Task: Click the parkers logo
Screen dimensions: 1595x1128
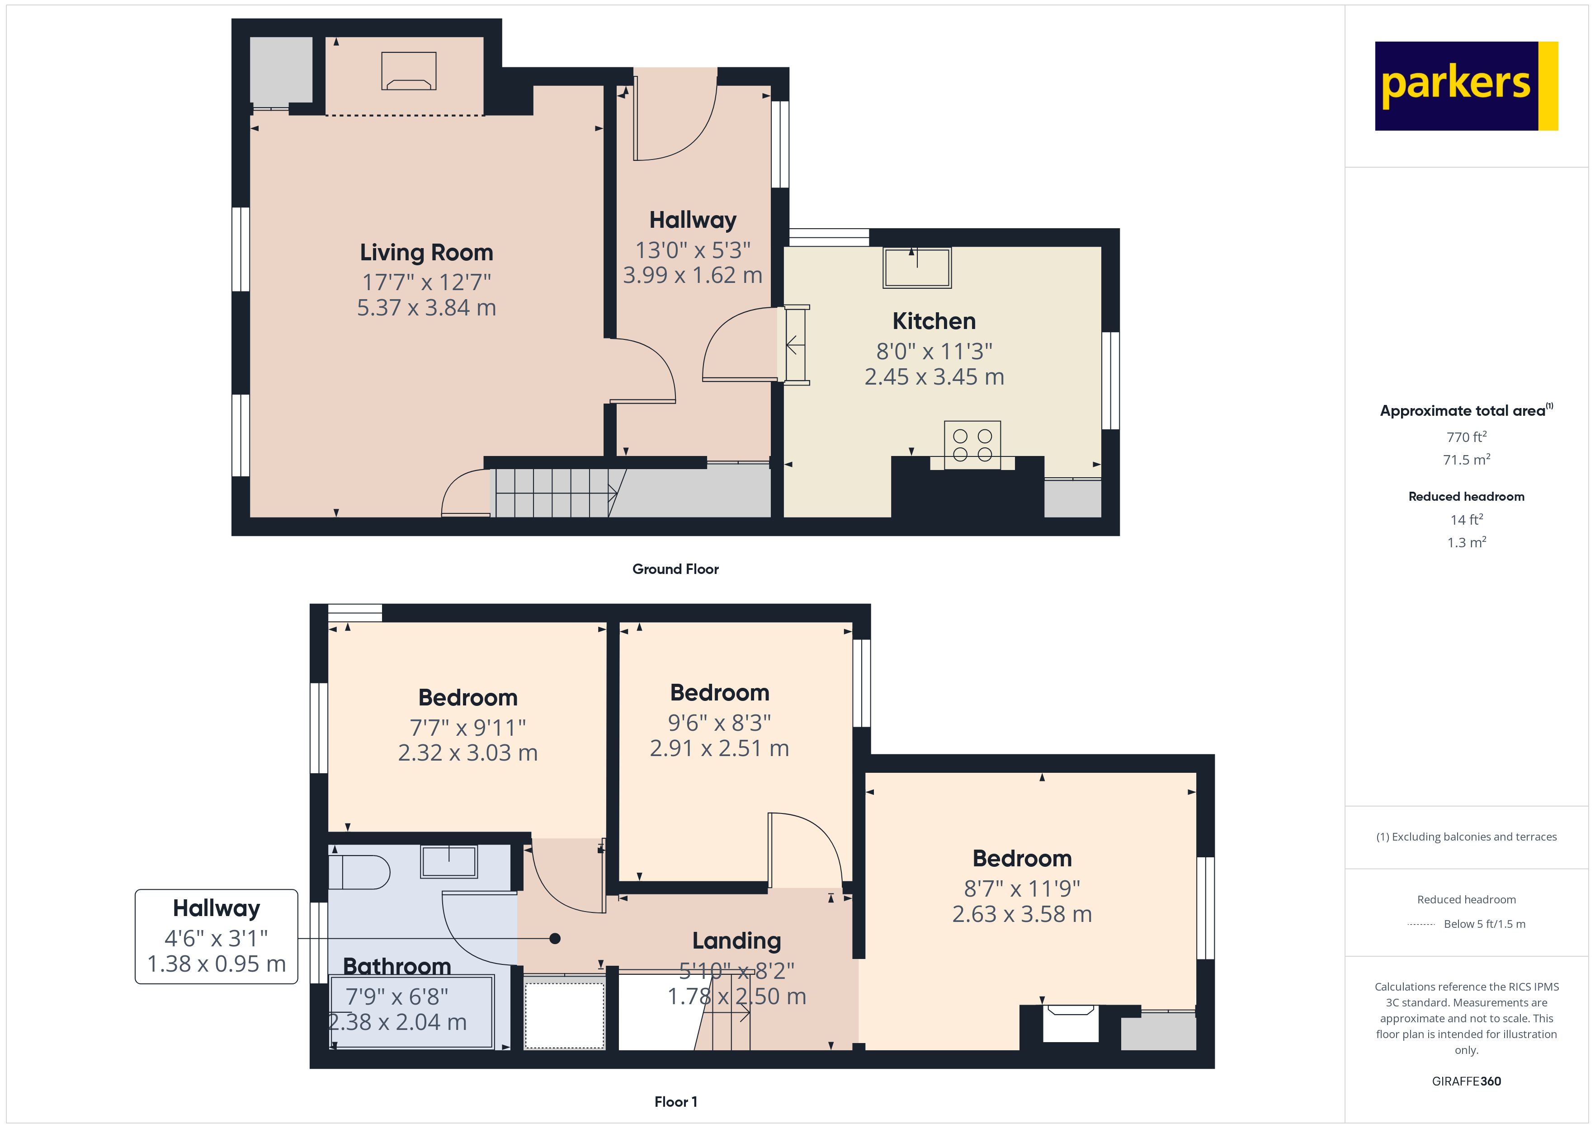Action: (x=1467, y=86)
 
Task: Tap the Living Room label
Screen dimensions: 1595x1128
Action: (x=426, y=252)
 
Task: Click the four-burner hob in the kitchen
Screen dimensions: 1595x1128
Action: (x=972, y=445)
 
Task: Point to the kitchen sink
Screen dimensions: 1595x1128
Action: (x=917, y=268)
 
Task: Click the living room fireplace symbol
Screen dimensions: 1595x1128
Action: (x=409, y=71)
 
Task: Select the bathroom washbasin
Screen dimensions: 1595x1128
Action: (x=449, y=861)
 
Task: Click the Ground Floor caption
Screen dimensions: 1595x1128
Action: (x=675, y=569)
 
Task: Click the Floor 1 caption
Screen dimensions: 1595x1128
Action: (x=675, y=1102)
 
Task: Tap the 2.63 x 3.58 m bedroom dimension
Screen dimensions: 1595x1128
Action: (x=1022, y=914)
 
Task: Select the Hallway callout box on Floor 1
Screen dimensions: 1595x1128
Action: (x=216, y=936)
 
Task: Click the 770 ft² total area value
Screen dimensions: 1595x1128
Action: (x=1467, y=437)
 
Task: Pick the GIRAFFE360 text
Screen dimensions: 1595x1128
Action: (x=1467, y=1081)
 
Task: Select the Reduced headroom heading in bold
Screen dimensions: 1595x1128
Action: (x=1467, y=497)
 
